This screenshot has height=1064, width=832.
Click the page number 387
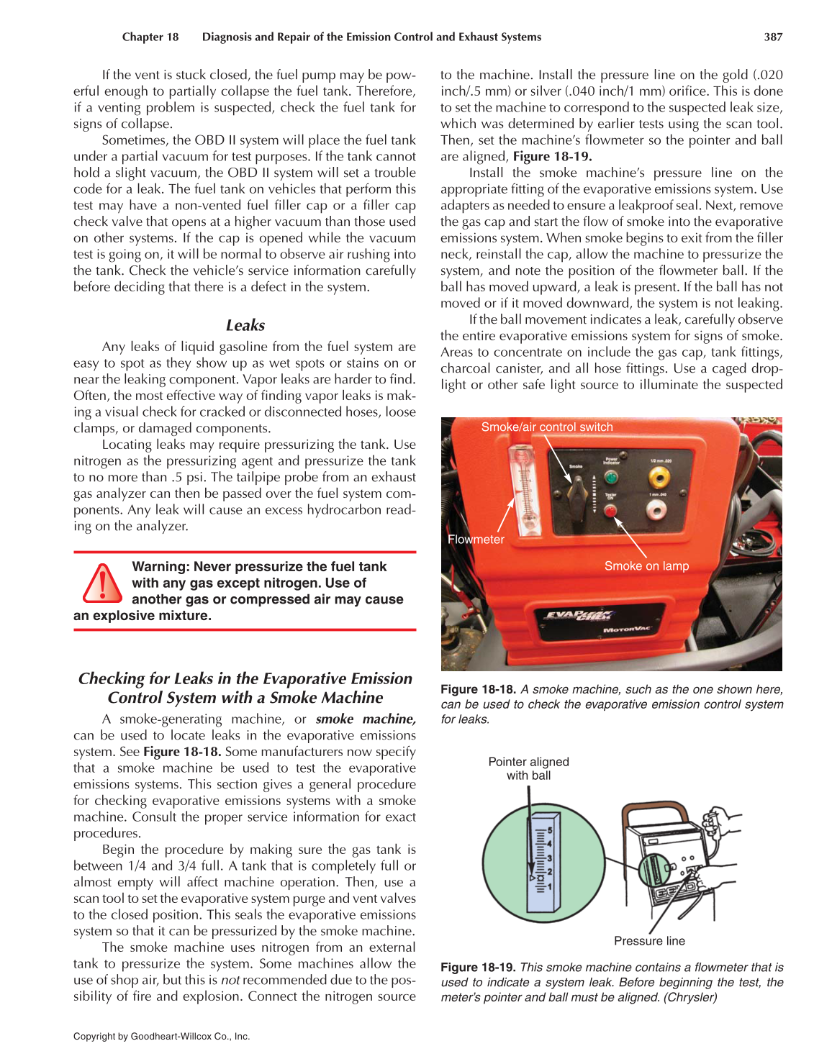773,37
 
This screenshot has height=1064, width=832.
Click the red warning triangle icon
102,583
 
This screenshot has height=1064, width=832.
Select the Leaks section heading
245,325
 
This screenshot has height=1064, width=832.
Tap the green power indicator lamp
611,476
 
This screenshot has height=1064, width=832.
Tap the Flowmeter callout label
476,540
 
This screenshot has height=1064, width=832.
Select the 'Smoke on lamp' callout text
646,566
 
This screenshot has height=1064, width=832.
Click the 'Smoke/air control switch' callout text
547,427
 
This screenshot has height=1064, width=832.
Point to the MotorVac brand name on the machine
626,629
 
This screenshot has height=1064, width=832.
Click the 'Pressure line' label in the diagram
649,941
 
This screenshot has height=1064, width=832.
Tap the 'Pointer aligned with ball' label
528,768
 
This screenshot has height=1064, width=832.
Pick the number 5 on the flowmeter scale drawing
550,830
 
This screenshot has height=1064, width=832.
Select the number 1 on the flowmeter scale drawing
550,887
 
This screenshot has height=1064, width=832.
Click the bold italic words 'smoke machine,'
366,719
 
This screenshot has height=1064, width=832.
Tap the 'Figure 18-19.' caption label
478,968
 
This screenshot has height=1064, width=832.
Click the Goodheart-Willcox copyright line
161,1037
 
